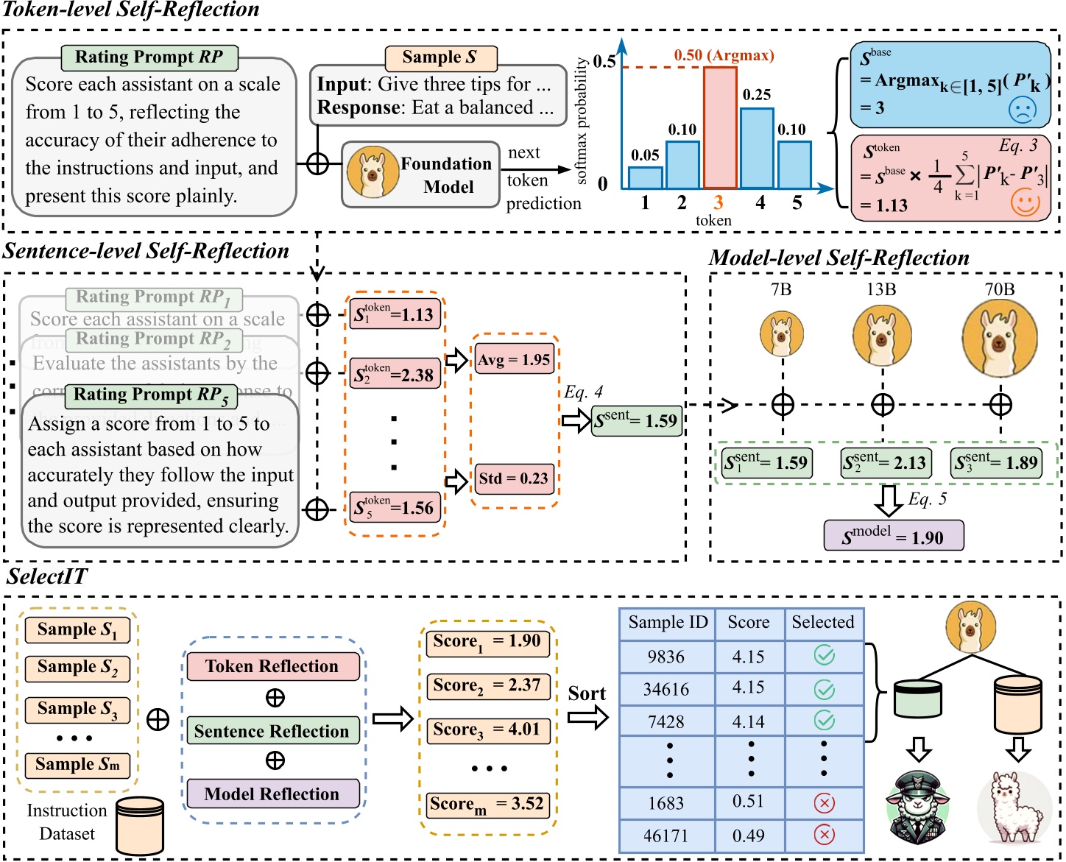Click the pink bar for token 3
click(720, 128)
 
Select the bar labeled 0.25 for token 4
click(756, 149)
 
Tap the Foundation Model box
click(420, 175)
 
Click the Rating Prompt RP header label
click(149, 57)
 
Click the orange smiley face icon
click(1025, 202)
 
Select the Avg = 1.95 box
click(514, 360)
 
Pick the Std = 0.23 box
click(513, 478)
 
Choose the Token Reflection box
click(272, 666)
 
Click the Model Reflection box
click(272, 794)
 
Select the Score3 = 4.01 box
click(487, 730)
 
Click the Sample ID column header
click(667, 623)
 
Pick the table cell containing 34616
click(666, 690)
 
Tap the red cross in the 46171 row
click(824, 835)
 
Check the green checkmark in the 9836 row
click(824, 655)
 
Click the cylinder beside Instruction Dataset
click(140, 826)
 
